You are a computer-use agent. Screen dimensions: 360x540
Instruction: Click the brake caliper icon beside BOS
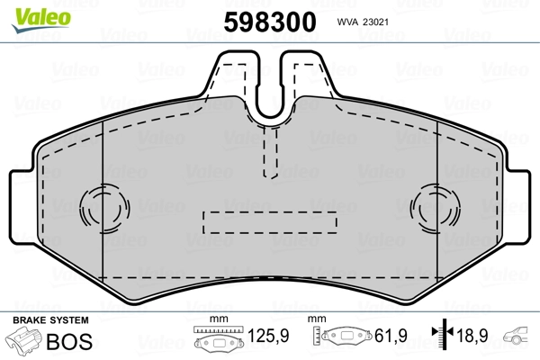point(25,343)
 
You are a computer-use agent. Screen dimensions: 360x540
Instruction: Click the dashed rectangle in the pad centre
point(269,220)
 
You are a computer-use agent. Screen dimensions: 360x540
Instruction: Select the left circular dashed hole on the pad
point(99,209)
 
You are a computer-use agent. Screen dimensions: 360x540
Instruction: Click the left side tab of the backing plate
point(22,207)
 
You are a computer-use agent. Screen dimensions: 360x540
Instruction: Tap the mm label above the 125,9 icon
point(216,320)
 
